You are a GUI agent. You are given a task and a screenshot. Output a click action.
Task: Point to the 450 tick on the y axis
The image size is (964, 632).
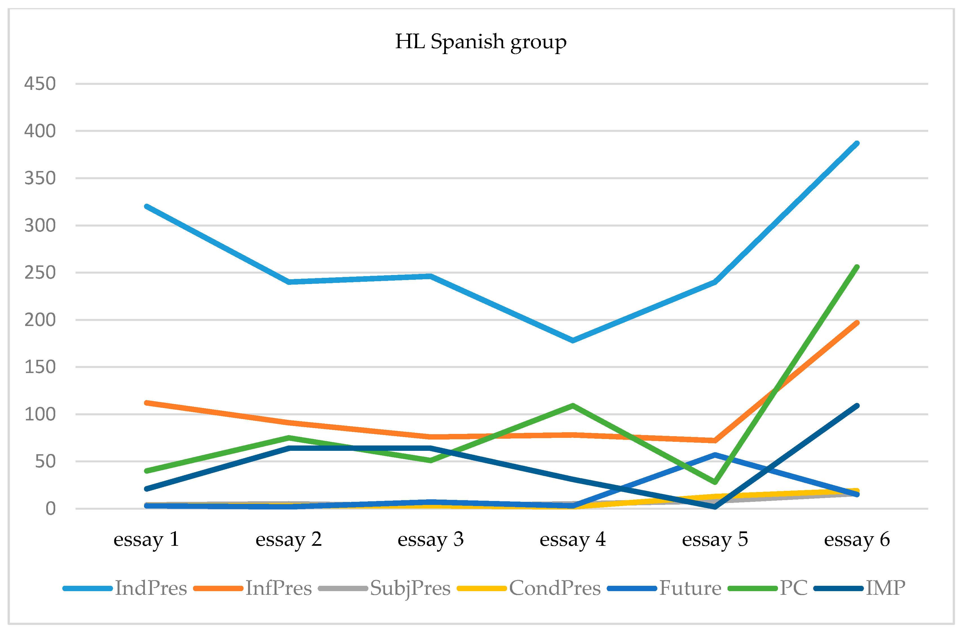click(x=40, y=84)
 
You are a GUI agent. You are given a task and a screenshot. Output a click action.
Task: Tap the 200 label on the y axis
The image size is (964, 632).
click(x=40, y=320)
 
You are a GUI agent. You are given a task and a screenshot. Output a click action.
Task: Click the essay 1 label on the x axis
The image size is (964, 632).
click(x=146, y=539)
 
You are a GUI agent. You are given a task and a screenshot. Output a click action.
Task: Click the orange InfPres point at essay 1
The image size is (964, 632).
click(x=146, y=403)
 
